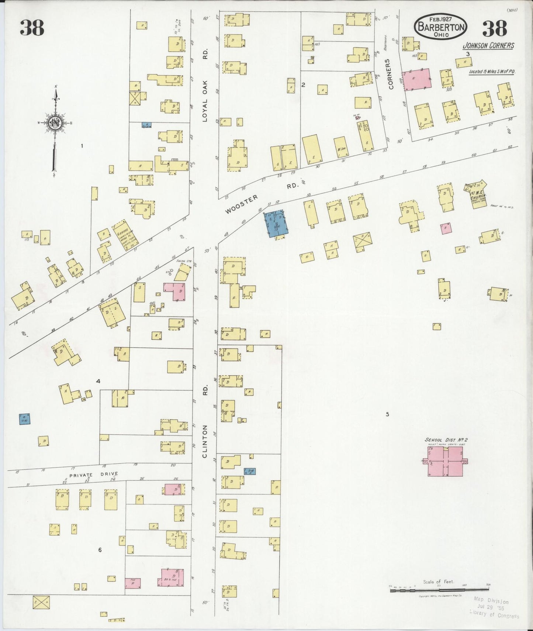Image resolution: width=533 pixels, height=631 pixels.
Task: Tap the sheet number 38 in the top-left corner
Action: click(32, 28)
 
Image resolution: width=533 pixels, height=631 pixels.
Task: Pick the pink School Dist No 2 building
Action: click(445, 462)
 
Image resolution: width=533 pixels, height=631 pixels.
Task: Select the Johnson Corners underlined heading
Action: click(488, 46)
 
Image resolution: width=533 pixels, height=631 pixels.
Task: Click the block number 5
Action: click(387, 414)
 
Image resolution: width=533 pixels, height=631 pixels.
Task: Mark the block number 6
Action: click(100, 550)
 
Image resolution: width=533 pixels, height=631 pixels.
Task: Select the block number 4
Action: click(98, 381)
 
